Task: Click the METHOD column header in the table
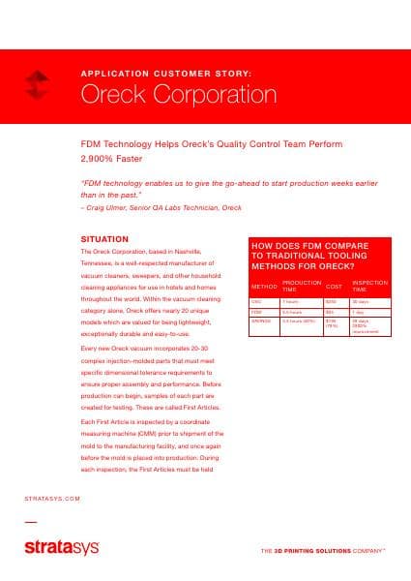click(263, 288)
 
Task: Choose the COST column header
click(334, 288)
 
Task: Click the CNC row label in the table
click(256, 302)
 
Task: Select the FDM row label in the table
click(256, 312)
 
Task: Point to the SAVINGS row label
click(262, 321)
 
